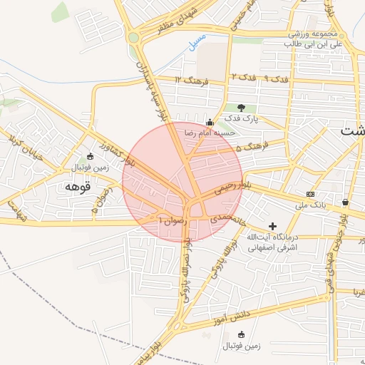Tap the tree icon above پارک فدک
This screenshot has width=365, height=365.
(x=241, y=108)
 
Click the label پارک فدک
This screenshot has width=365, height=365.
(x=241, y=117)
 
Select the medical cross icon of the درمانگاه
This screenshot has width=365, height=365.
(x=272, y=225)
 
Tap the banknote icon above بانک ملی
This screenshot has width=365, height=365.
(x=310, y=194)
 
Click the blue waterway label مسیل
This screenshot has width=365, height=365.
(x=196, y=42)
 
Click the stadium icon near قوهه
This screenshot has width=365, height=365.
(x=89, y=157)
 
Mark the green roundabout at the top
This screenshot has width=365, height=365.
(x=133, y=37)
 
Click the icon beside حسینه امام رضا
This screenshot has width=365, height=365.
(x=209, y=123)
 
